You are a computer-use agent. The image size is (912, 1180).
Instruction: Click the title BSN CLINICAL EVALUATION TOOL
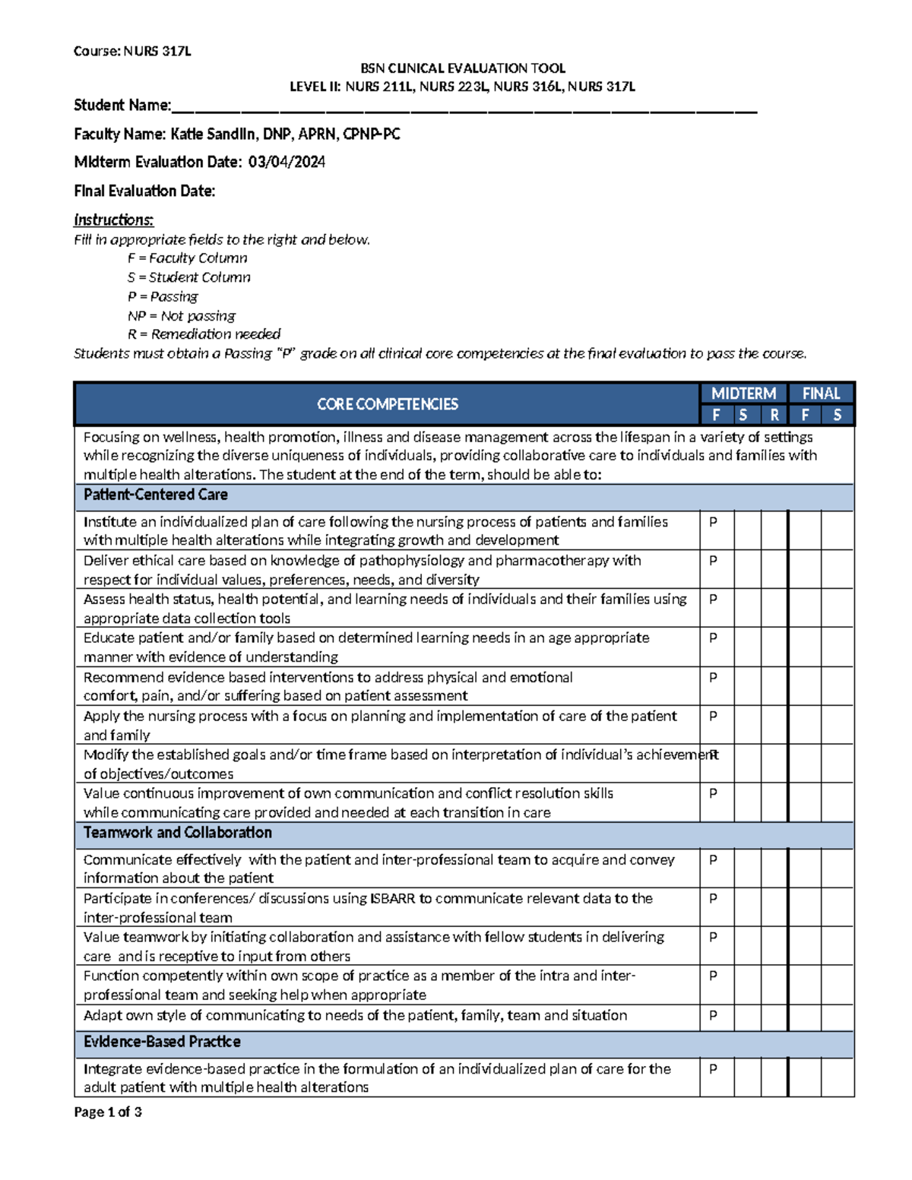(x=462, y=68)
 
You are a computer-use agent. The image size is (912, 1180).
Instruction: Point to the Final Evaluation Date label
(x=144, y=191)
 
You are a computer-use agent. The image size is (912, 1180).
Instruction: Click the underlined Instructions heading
(x=113, y=220)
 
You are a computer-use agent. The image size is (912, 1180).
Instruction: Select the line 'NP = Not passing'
(x=181, y=315)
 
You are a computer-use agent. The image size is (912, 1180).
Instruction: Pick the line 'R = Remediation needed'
(x=204, y=334)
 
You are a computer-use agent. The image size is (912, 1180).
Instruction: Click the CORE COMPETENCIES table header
(x=387, y=404)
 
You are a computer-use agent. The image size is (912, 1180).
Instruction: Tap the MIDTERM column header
(x=743, y=394)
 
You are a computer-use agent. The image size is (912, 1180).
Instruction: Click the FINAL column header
(x=821, y=394)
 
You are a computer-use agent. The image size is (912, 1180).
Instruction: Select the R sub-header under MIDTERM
(x=774, y=415)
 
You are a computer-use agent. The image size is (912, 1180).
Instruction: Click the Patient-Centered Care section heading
(x=155, y=495)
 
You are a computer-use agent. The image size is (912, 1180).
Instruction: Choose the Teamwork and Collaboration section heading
(x=177, y=833)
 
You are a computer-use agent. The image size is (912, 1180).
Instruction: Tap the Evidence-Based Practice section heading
(x=162, y=1042)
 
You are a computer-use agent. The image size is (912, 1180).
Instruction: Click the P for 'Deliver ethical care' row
(x=713, y=561)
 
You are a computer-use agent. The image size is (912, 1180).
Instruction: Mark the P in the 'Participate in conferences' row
(x=713, y=898)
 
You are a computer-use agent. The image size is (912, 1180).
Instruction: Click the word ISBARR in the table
(x=392, y=898)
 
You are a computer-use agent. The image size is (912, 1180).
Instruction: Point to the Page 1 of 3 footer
(x=107, y=1112)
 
